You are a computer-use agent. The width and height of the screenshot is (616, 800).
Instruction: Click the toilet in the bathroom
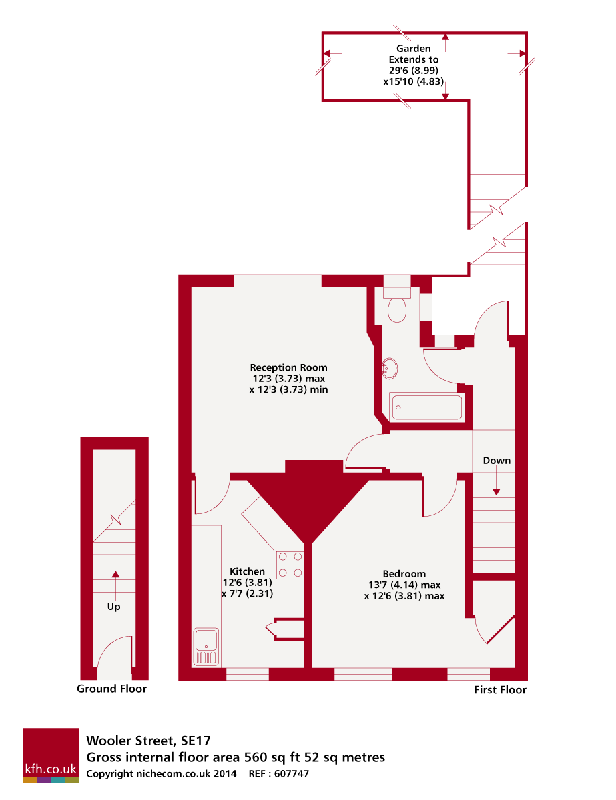tap(398, 307)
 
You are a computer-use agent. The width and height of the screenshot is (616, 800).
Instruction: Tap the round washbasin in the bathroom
tap(390, 367)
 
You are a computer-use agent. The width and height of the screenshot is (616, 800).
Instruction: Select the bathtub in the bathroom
tap(426, 407)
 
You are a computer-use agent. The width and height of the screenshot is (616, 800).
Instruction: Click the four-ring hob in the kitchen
tap(290, 563)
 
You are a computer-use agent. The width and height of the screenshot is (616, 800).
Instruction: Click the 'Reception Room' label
tap(288, 367)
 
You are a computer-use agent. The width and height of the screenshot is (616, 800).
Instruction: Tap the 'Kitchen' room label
tap(247, 571)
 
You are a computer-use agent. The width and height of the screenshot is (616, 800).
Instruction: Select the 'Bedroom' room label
tap(404, 574)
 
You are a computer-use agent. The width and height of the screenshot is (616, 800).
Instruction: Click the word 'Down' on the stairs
tap(497, 461)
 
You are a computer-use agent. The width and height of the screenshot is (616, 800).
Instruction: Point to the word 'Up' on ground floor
tap(114, 607)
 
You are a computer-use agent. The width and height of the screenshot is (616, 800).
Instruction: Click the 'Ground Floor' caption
tap(111, 689)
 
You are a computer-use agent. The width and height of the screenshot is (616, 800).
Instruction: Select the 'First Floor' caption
tap(500, 690)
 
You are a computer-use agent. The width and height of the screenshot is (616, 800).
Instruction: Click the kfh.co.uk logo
tap(51, 755)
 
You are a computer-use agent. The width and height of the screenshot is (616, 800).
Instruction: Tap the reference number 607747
tap(291, 774)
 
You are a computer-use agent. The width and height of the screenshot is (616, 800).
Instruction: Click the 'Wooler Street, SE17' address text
tap(147, 741)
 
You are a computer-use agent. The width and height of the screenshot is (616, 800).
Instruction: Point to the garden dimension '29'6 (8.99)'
tap(414, 70)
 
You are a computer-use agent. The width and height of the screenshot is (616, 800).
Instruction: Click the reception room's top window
tap(277, 281)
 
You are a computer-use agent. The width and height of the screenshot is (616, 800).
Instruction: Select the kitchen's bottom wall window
tap(247, 674)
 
